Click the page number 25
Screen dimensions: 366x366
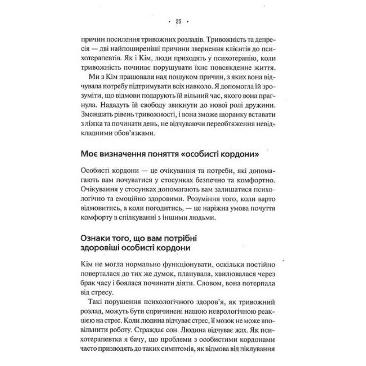(x=179, y=21)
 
